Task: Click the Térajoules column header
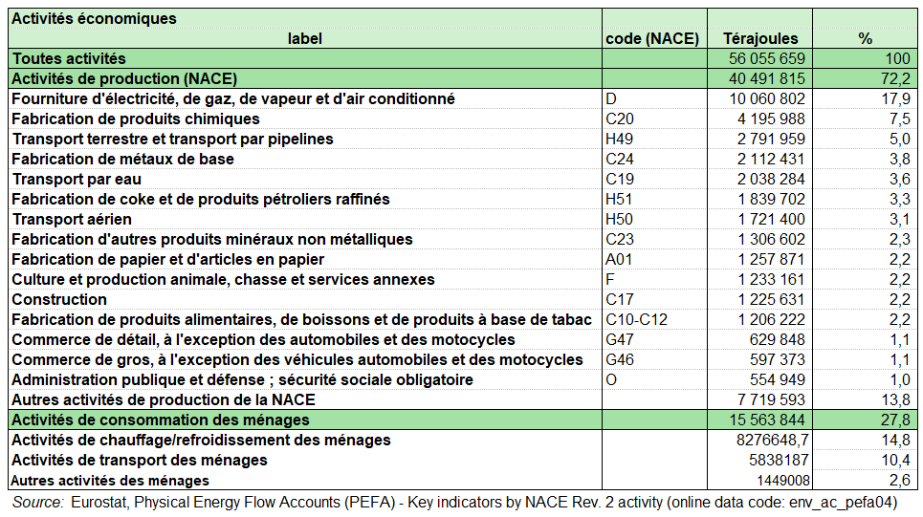(x=759, y=39)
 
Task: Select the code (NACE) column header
(x=652, y=39)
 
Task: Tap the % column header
(x=865, y=39)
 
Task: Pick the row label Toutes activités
(x=69, y=59)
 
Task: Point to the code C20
(x=620, y=118)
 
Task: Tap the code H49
(x=620, y=139)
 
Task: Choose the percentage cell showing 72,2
(x=895, y=78)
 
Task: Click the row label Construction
(x=59, y=299)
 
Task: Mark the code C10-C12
(x=636, y=319)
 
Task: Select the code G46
(x=620, y=359)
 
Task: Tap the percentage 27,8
(x=895, y=420)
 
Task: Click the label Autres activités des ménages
(x=110, y=480)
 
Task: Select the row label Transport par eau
(x=72, y=179)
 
